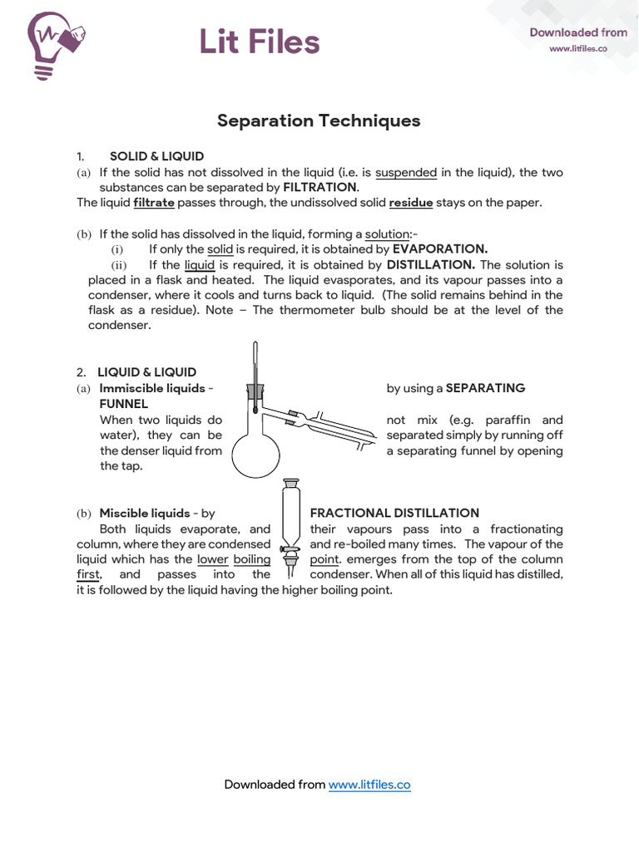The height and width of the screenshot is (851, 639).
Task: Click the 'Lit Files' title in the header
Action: pos(259,42)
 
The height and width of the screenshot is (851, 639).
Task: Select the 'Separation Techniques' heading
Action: pos(319,121)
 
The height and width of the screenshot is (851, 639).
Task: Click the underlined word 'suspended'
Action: pos(406,173)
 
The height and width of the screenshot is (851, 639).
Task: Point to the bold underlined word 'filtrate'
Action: pos(154,203)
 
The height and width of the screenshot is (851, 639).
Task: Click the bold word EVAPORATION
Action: pos(440,249)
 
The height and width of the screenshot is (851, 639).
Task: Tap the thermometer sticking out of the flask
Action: pos(255,366)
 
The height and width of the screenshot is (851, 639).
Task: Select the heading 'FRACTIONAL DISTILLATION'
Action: pos(394,514)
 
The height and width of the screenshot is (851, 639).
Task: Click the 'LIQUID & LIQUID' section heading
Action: pos(147,372)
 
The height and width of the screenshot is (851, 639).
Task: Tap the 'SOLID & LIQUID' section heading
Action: pos(156,156)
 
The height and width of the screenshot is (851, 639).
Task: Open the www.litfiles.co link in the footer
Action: pos(369,785)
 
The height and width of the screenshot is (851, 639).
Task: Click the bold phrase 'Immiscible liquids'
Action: pos(151,388)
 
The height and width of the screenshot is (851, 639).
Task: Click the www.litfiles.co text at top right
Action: pos(577,49)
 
